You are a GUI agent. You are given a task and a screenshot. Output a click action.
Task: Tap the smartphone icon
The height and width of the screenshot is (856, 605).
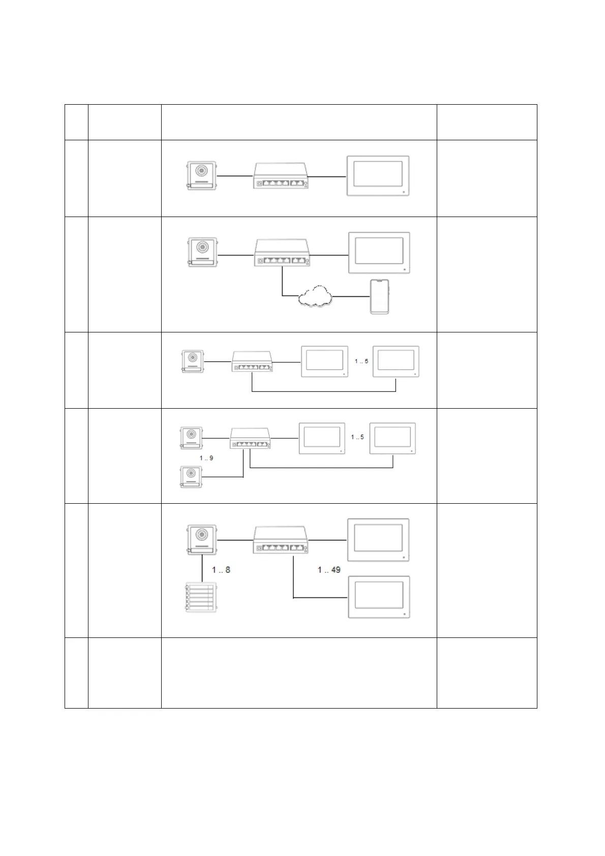pos(379,296)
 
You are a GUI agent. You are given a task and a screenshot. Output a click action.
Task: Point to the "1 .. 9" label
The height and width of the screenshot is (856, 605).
pos(206,458)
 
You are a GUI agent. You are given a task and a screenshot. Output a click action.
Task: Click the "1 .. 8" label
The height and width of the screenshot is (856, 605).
pos(221,570)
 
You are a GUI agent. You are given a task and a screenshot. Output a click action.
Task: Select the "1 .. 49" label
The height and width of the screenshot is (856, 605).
pos(329,570)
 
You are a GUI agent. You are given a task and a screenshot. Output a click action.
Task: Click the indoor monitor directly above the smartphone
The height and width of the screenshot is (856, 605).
pos(379,253)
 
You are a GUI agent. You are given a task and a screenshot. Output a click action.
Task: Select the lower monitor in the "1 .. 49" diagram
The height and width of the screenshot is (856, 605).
pos(379,597)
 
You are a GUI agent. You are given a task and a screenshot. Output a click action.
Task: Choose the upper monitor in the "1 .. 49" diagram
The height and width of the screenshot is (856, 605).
pos(379,540)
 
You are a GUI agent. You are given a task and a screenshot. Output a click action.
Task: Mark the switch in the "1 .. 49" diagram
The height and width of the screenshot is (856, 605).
pos(282,540)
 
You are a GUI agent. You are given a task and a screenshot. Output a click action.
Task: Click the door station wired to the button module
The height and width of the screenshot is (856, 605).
pos(201,539)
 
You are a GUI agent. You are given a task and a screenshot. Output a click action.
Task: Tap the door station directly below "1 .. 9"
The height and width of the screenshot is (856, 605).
pos(191,477)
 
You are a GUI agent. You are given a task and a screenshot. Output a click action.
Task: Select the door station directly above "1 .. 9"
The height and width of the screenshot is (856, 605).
pos(191,438)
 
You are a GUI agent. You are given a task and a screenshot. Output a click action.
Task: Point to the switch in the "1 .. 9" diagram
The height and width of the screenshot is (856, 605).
pos(250,438)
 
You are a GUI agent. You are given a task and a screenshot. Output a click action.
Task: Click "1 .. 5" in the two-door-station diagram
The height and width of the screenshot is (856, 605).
pos(357,437)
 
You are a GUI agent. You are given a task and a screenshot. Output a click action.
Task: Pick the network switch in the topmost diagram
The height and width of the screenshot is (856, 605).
pos(282,176)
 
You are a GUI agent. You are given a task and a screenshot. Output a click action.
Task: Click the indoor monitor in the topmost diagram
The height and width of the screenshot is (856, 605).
pos(378,176)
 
